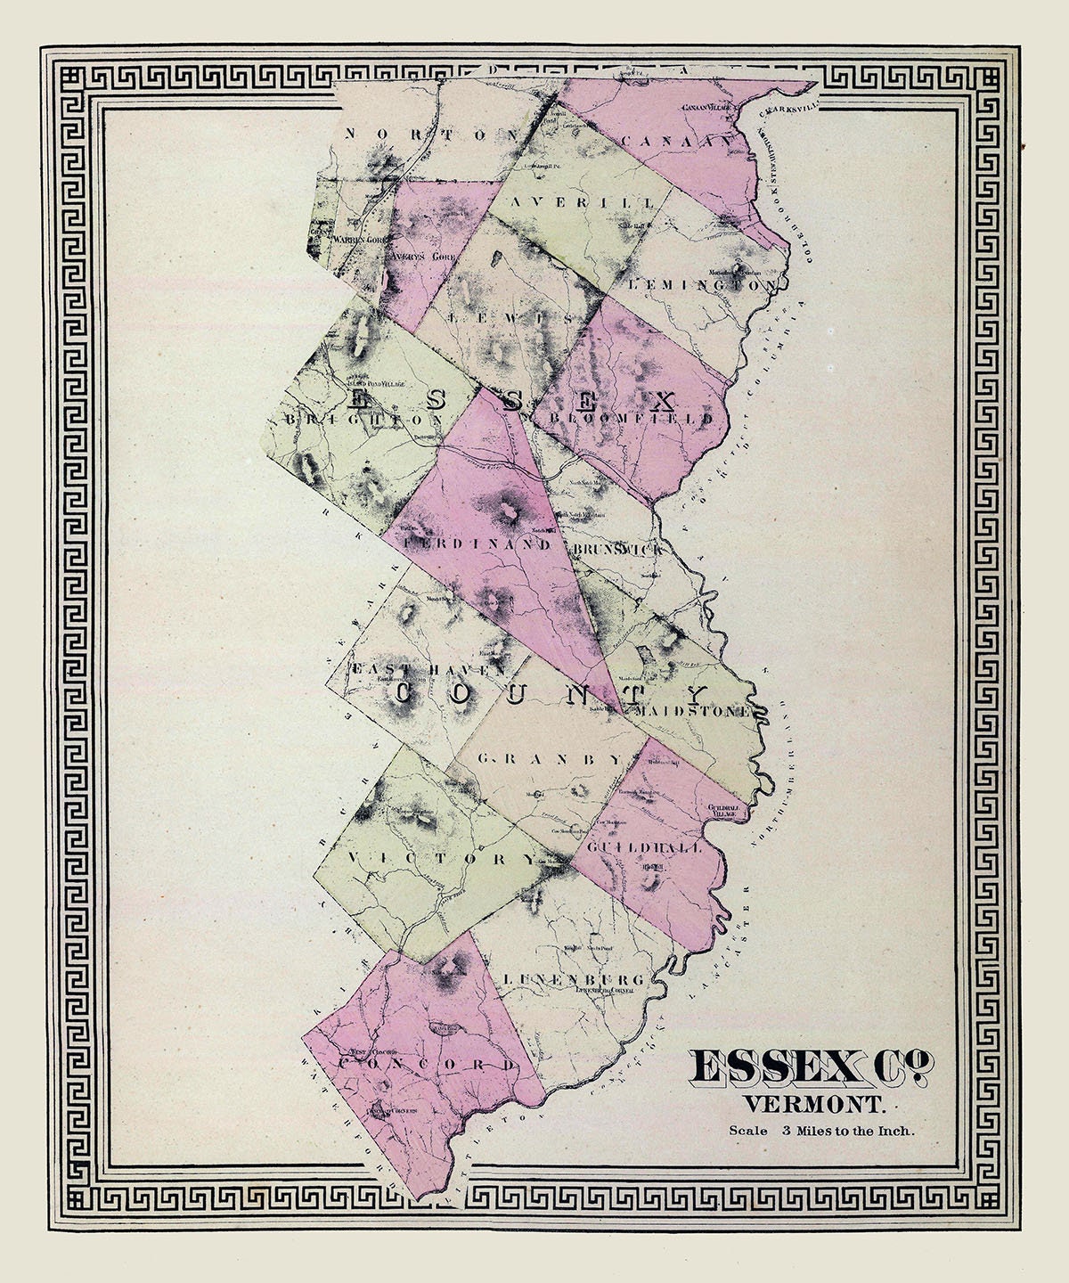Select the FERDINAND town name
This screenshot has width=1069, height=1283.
pyautogui.click(x=481, y=542)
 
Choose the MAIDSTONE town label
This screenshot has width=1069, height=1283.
pyautogui.click(x=697, y=713)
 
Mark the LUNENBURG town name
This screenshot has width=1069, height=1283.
pyautogui.click(x=567, y=979)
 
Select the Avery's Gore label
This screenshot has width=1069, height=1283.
pyautogui.click(x=417, y=252)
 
